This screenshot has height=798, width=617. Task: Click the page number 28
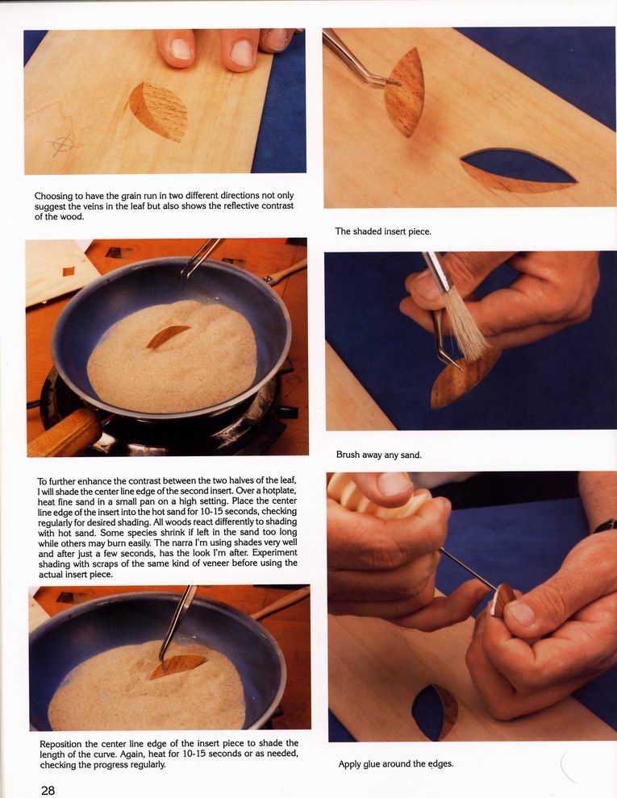(x=48, y=790)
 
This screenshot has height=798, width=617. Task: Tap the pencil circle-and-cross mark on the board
(x=63, y=144)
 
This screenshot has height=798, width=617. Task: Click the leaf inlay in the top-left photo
(x=158, y=111)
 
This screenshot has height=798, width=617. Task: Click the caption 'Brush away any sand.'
(x=379, y=455)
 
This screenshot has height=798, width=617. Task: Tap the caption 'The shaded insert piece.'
(x=383, y=231)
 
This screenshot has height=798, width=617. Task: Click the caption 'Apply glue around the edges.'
(x=395, y=763)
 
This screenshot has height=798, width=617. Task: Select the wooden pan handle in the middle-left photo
(x=63, y=433)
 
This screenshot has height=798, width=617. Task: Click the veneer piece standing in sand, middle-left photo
(x=168, y=336)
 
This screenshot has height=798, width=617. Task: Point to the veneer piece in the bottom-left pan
(x=177, y=666)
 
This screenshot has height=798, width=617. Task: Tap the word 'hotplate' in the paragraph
(x=279, y=491)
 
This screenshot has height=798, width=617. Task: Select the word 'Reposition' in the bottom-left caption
(x=61, y=743)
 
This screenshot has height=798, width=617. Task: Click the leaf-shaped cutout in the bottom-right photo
(x=434, y=712)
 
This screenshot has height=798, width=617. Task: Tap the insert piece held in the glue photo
(x=503, y=600)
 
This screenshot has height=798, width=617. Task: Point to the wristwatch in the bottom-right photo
(x=605, y=526)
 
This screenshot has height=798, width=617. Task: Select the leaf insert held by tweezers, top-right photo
(x=405, y=92)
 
